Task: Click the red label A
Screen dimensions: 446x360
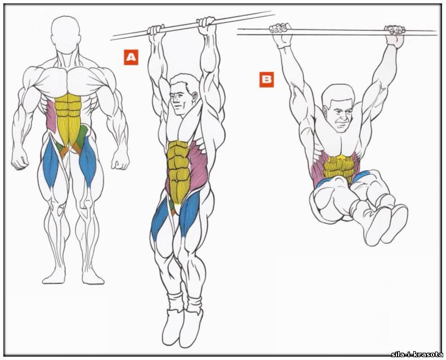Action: click(131, 57)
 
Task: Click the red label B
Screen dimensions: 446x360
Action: click(266, 79)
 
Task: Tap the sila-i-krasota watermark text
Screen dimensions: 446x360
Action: click(417, 354)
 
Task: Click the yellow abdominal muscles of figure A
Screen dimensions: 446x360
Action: click(178, 170)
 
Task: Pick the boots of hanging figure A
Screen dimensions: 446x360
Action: click(182, 327)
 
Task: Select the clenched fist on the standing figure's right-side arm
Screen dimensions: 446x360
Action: click(120, 160)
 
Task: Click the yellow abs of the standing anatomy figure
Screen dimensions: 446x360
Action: click(68, 118)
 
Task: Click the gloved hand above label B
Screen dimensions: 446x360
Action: click(281, 35)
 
